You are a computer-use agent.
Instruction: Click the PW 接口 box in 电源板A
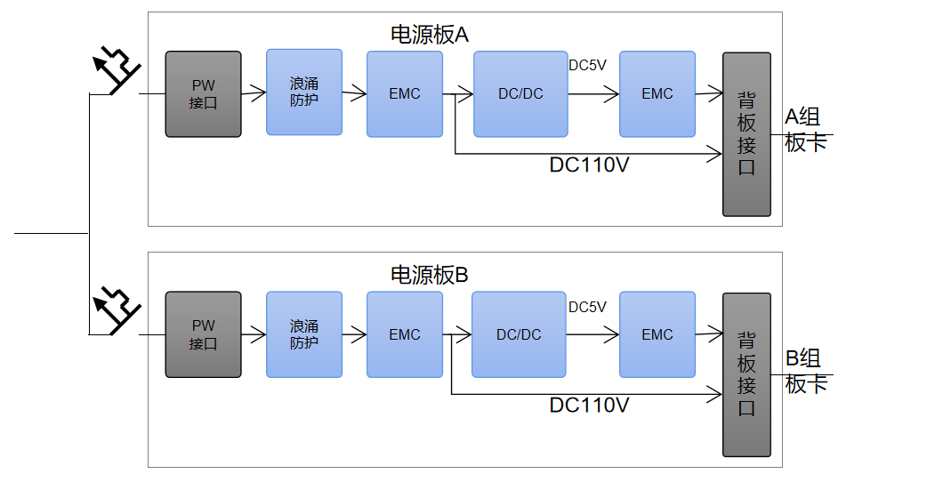click(x=204, y=94)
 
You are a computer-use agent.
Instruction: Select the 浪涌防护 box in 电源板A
click(x=304, y=92)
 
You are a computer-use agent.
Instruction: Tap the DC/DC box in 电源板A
click(x=520, y=94)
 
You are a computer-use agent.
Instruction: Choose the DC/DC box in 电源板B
click(x=519, y=334)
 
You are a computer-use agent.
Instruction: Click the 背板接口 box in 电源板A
click(x=746, y=134)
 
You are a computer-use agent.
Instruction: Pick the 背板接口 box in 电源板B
click(x=746, y=375)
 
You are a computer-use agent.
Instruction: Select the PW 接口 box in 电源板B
click(x=204, y=334)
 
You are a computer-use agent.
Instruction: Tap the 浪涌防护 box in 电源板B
click(x=304, y=334)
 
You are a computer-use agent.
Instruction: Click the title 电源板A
click(x=430, y=35)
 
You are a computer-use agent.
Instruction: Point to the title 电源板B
click(x=430, y=275)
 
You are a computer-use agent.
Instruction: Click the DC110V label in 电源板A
click(x=589, y=165)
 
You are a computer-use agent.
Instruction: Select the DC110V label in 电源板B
click(x=589, y=406)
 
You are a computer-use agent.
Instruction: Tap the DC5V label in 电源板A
click(x=587, y=65)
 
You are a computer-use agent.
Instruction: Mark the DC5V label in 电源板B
click(x=587, y=307)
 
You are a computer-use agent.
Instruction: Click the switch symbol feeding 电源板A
click(x=117, y=70)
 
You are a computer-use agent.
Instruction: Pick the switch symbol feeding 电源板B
click(x=117, y=310)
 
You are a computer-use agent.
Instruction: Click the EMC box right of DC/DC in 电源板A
click(x=657, y=94)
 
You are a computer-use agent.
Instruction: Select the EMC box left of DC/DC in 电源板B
click(x=404, y=334)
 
